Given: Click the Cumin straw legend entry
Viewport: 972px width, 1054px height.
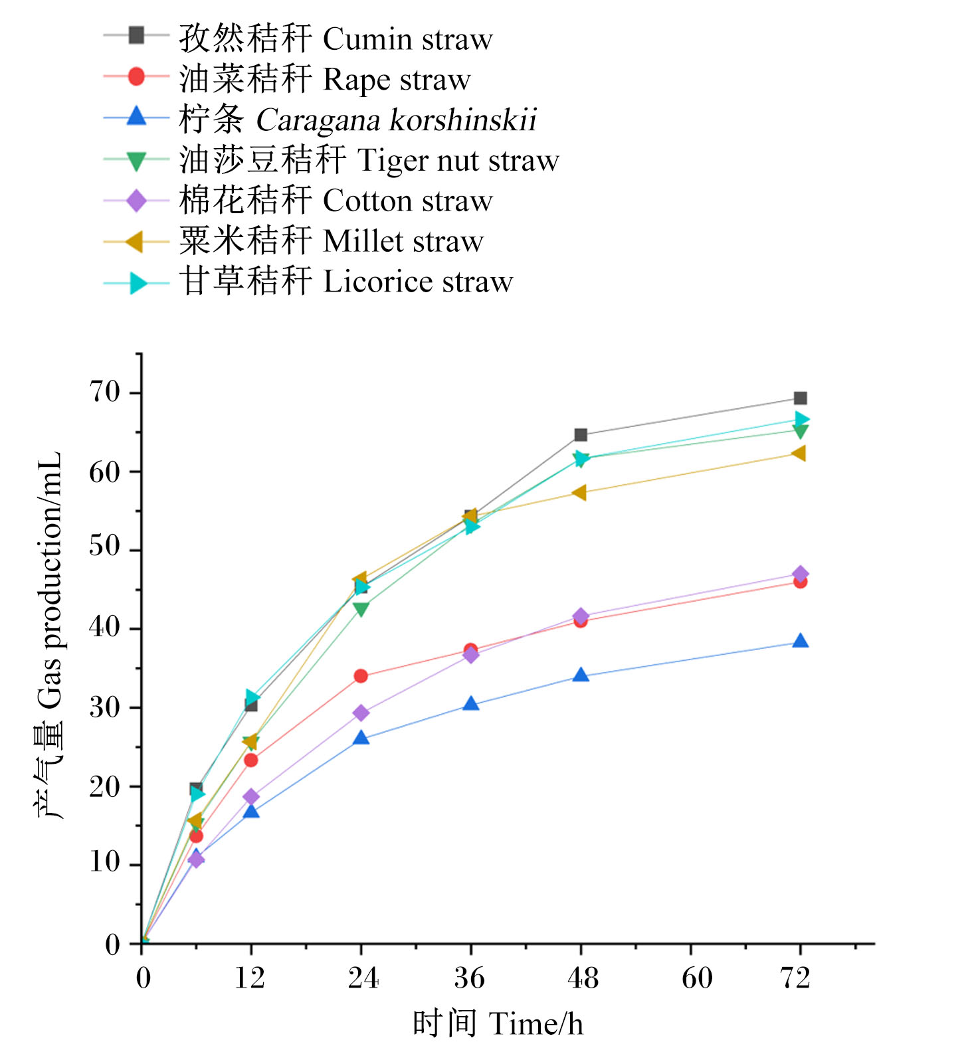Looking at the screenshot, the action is pyautogui.click(x=336, y=38).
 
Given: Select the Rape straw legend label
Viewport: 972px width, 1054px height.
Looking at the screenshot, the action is pyautogui.click(x=324, y=79).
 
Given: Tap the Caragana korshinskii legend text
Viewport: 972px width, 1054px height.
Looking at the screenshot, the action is pyautogui.click(x=357, y=120).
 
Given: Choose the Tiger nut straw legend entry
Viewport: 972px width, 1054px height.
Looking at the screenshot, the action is pyautogui.click(x=369, y=160).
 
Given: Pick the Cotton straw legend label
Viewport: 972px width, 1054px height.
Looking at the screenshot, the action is pyautogui.click(x=336, y=201).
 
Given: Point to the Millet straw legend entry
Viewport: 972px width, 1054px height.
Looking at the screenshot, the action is pyautogui.click(x=331, y=241).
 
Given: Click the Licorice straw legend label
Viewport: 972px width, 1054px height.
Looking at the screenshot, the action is pyautogui.click(x=345, y=282).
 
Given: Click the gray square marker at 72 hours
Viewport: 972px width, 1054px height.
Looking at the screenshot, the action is pyautogui.click(x=800, y=398).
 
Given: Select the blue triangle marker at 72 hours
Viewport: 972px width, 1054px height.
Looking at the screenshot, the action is pyautogui.click(x=800, y=641).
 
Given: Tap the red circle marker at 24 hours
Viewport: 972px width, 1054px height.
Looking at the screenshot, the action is pyautogui.click(x=361, y=676).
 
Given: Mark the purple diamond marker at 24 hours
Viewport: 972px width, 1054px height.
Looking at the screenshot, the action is pyautogui.click(x=361, y=713).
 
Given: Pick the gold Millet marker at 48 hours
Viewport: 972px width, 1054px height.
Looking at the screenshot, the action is pyautogui.click(x=579, y=493).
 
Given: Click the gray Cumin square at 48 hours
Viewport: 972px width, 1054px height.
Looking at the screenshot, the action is pyautogui.click(x=581, y=435).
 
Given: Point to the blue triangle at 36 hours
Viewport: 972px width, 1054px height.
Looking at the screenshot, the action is pyautogui.click(x=470, y=703).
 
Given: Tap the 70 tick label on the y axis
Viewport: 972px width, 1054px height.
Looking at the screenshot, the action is pyautogui.click(x=105, y=393).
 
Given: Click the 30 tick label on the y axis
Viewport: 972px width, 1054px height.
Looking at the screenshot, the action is pyautogui.click(x=105, y=707).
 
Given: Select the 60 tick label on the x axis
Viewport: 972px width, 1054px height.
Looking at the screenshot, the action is pyautogui.click(x=697, y=978).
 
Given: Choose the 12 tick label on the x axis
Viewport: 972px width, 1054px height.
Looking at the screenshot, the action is pyautogui.click(x=249, y=978).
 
